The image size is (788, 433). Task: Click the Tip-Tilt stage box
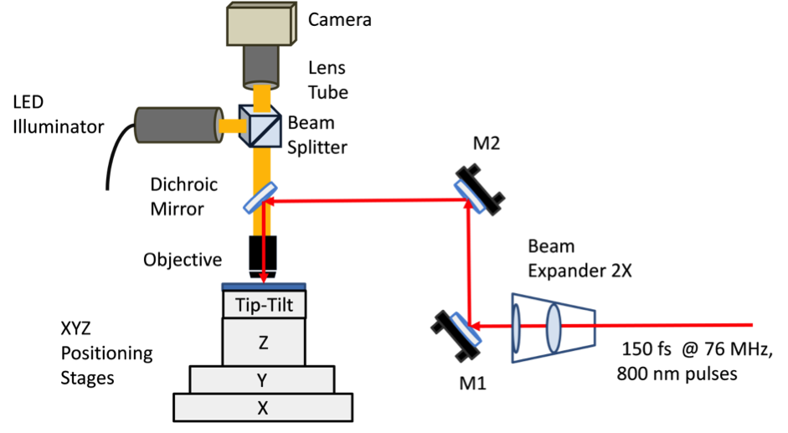tap(264, 305)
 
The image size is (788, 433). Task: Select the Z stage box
tap(264, 342)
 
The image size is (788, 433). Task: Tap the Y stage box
tap(261, 380)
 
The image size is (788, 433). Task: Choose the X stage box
tap(262, 408)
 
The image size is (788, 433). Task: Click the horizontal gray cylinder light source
tap(177, 125)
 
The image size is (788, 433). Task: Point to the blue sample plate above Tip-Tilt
tap(263, 286)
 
